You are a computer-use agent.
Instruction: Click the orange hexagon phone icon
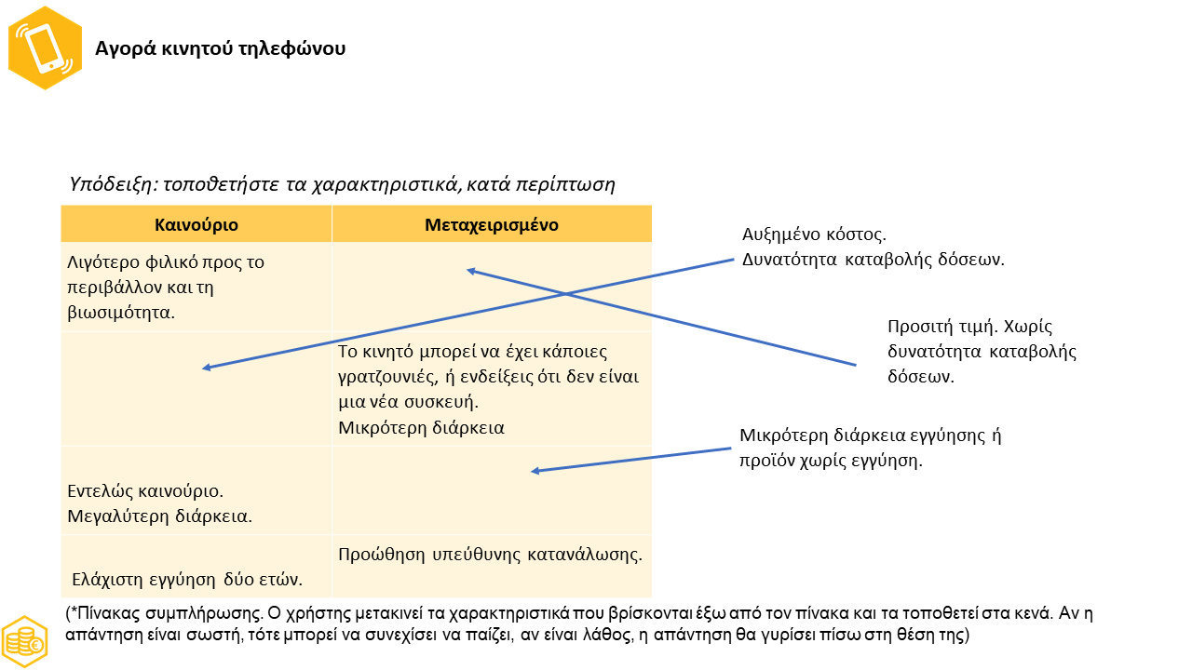click(x=45, y=47)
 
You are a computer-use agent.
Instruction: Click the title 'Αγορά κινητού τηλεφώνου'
click(x=221, y=48)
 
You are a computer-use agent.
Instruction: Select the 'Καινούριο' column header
click(x=196, y=225)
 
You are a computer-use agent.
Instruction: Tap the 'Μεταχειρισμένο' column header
click(x=492, y=225)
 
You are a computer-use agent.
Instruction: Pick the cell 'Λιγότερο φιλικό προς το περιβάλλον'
click(x=166, y=287)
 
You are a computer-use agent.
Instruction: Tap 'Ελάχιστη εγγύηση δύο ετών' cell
click(x=187, y=579)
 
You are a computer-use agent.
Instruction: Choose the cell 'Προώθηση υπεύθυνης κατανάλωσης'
click(x=491, y=555)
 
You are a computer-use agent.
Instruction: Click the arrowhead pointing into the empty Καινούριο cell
click(x=207, y=368)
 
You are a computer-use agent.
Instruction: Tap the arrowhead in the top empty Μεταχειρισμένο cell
click(x=471, y=271)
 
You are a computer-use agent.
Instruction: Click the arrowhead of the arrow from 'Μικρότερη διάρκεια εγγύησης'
click(x=535, y=471)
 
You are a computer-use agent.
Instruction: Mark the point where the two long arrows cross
click(x=565, y=295)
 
